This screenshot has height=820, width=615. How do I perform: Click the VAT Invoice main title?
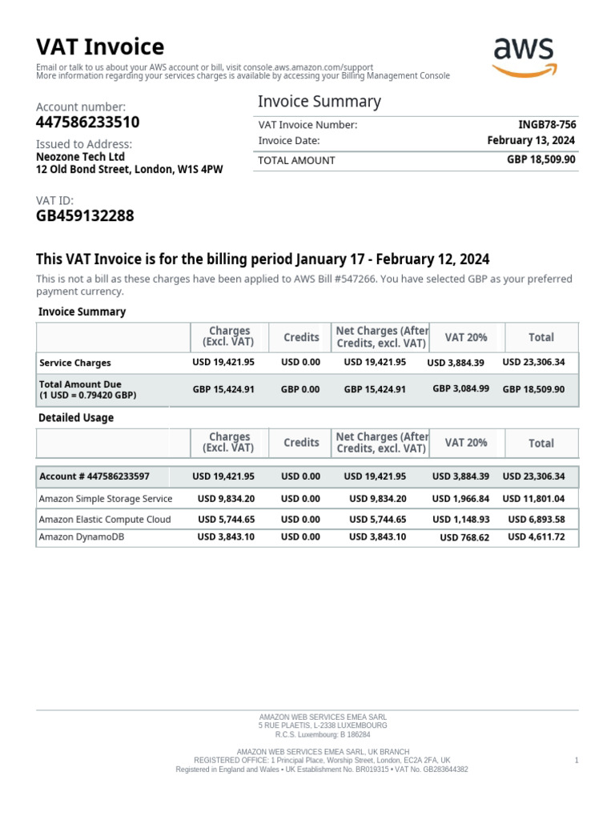click(x=100, y=46)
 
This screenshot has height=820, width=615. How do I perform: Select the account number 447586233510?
click(x=87, y=122)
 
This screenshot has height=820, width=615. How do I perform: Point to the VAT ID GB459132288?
click(x=85, y=215)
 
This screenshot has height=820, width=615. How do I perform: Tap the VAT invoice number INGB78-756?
click(x=547, y=125)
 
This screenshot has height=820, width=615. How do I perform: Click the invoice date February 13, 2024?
click(x=531, y=140)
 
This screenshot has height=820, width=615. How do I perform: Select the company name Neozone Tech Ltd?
click(x=80, y=157)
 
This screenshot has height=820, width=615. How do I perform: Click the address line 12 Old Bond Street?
click(x=129, y=170)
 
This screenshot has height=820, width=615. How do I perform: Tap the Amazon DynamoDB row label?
click(x=82, y=537)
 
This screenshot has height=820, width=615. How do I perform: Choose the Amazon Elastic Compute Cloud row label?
click(x=105, y=519)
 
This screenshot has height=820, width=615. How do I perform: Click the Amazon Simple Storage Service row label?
click(x=106, y=498)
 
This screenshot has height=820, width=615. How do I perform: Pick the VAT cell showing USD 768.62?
click(x=464, y=538)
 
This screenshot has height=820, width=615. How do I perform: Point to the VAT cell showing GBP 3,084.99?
click(x=460, y=388)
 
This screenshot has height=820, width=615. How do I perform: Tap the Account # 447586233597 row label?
click(x=94, y=476)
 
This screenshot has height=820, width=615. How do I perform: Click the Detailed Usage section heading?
click(x=76, y=418)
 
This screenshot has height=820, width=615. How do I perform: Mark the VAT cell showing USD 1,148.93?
click(x=460, y=519)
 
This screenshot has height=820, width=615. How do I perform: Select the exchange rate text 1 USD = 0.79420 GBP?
click(x=88, y=396)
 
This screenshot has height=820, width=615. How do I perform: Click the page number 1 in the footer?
click(x=577, y=760)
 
